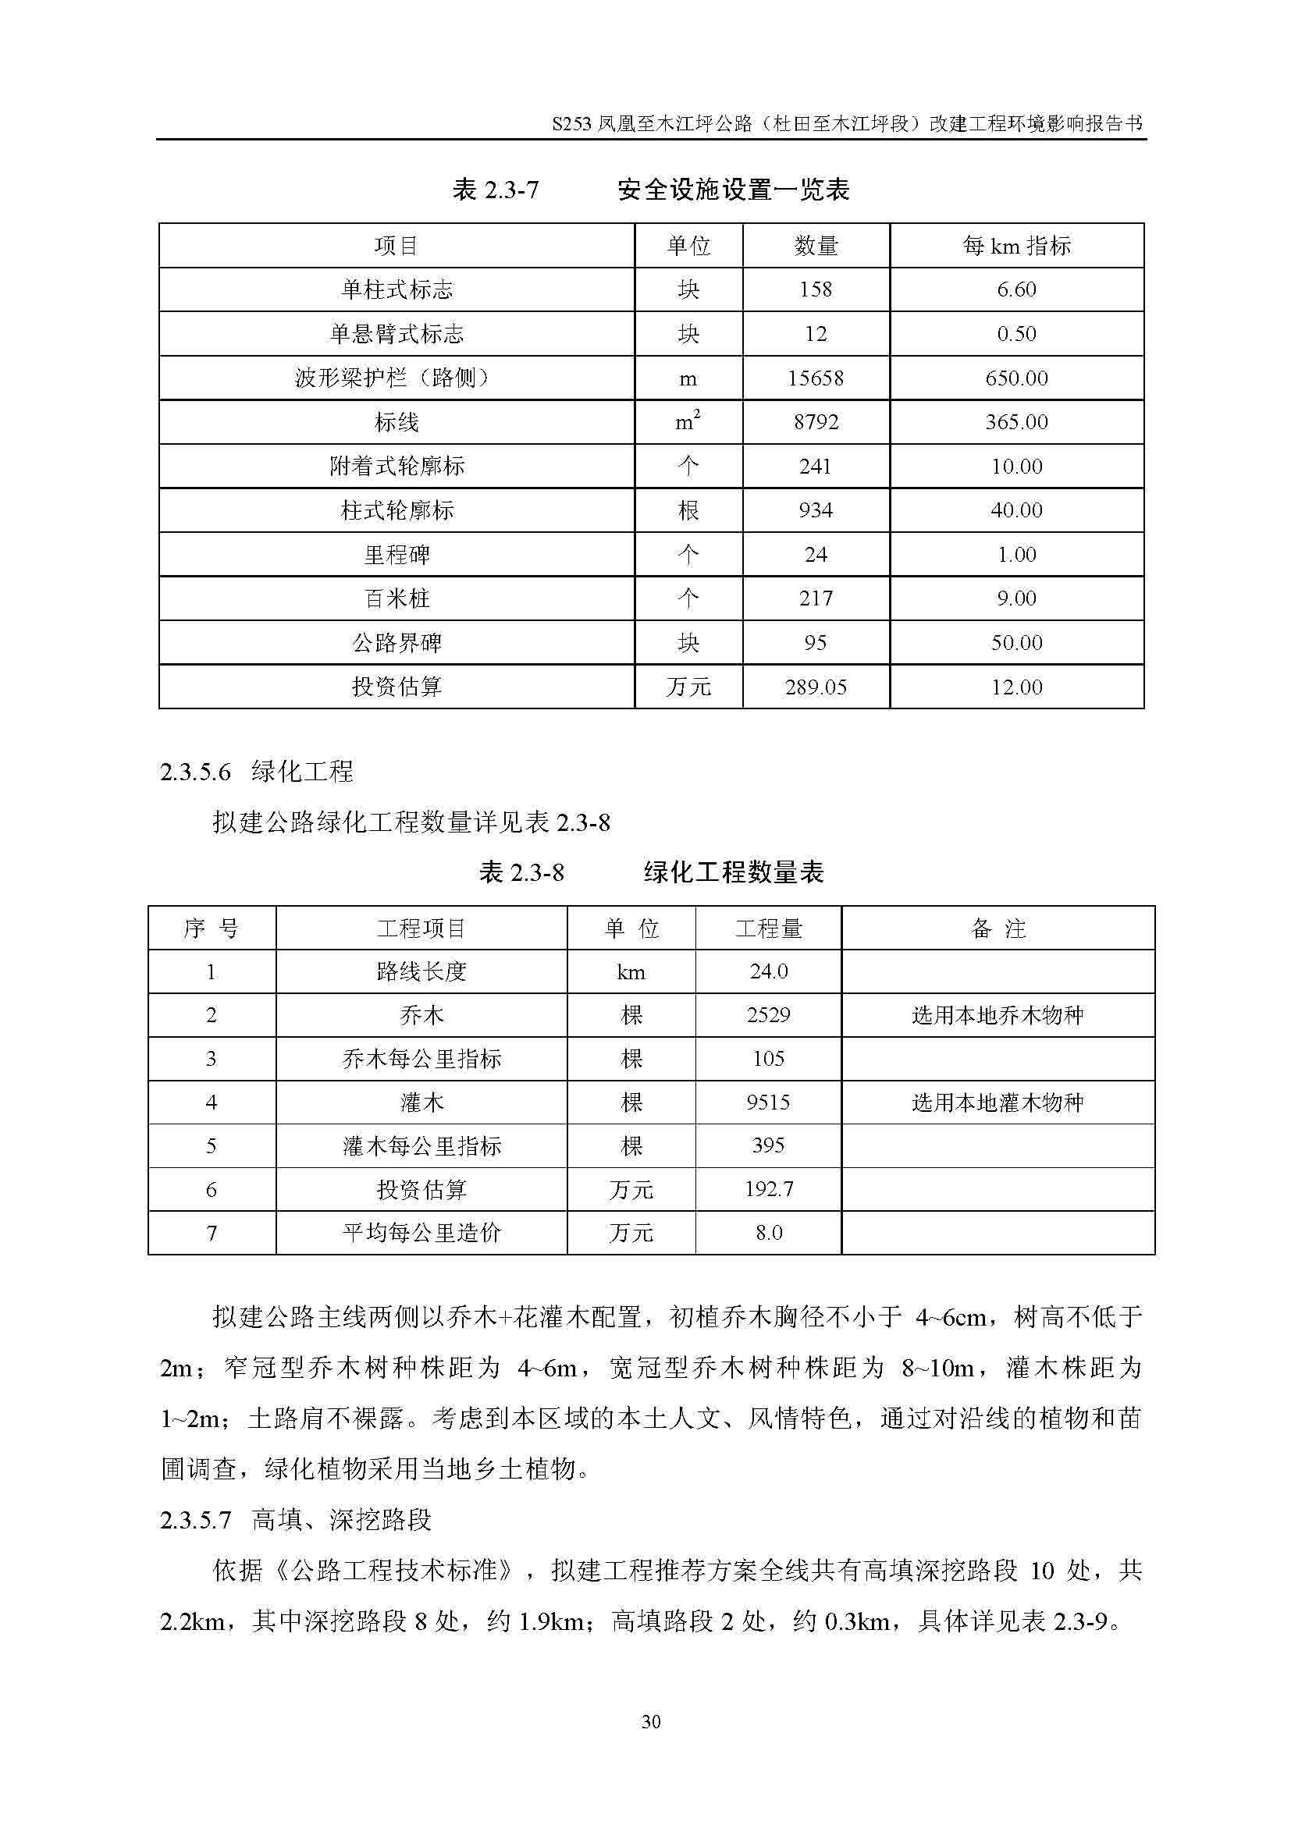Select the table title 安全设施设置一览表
pyautogui.click(x=733, y=190)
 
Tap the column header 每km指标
pyautogui.click(x=1016, y=246)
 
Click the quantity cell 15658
pyautogui.click(x=816, y=378)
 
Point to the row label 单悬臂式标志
pyautogui.click(x=396, y=334)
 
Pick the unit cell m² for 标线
pyautogui.click(x=688, y=421)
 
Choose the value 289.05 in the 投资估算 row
pyautogui.click(x=816, y=687)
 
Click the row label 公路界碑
pyautogui.click(x=396, y=642)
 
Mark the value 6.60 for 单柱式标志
pyautogui.click(x=1016, y=289)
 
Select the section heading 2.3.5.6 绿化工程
pyautogui.click(x=256, y=771)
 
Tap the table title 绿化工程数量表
pyautogui.click(x=733, y=873)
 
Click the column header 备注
pyautogui.click(x=998, y=928)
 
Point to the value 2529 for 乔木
pyautogui.click(x=768, y=1015)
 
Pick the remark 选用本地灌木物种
pyautogui.click(x=998, y=1102)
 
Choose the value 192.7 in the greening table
pyautogui.click(x=768, y=1189)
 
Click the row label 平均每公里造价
pyautogui.click(x=421, y=1233)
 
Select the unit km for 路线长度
pyautogui.click(x=631, y=971)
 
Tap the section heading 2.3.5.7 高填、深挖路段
pyautogui.click(x=296, y=1520)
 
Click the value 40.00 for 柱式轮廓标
pyautogui.click(x=1016, y=510)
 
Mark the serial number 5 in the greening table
pyautogui.click(x=212, y=1145)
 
